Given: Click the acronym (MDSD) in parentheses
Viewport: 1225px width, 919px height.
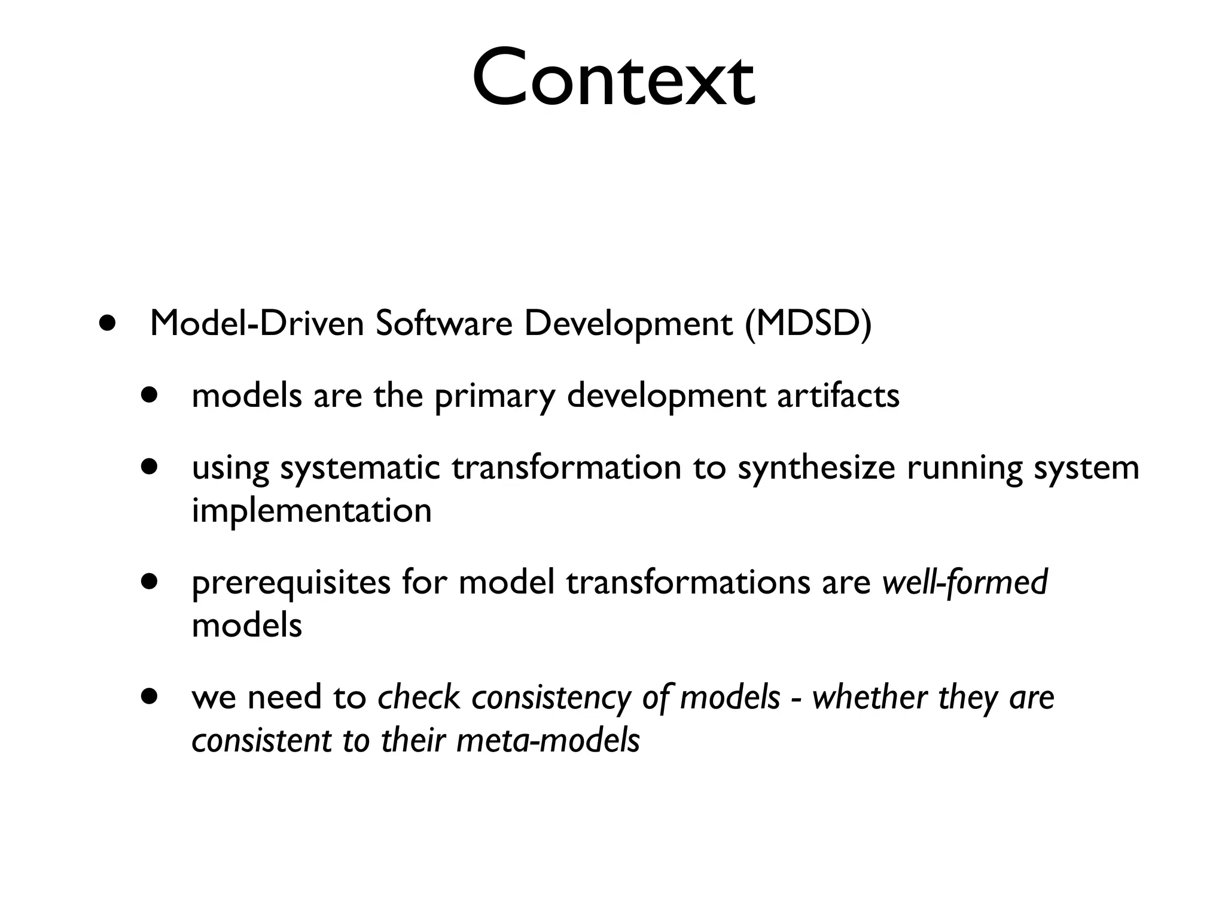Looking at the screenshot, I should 808,324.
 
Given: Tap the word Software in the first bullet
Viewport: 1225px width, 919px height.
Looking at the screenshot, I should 444,324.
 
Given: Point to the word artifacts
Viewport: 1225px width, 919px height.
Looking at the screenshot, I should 837,396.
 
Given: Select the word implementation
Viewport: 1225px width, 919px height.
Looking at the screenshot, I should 311,510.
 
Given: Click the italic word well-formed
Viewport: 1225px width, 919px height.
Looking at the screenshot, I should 964,582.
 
